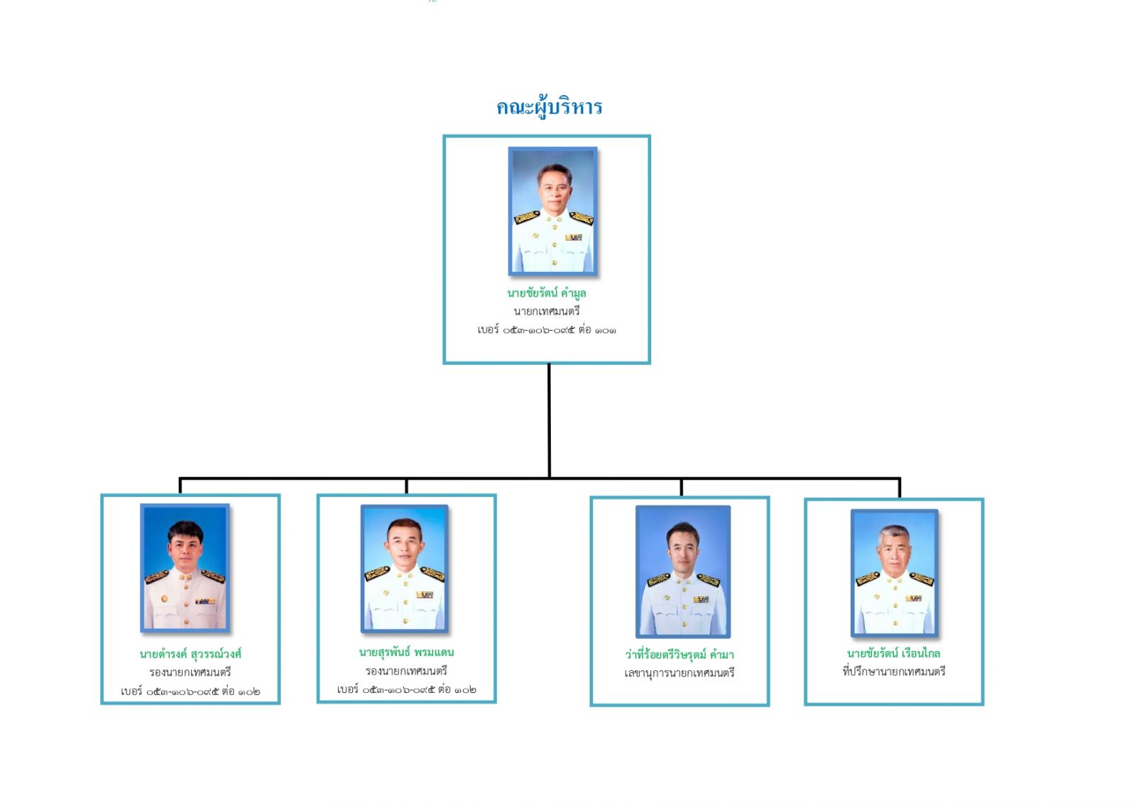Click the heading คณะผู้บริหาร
point(549,107)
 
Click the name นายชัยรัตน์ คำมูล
point(546,293)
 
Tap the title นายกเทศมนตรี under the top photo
point(546,311)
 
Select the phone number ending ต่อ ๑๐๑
point(546,330)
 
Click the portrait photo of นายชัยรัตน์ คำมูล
point(552,211)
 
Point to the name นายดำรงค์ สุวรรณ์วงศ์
point(190,653)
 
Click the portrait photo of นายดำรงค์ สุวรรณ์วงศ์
point(185,568)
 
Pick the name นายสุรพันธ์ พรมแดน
point(406,652)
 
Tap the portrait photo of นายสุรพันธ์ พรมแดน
point(405,568)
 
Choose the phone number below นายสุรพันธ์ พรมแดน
point(406,689)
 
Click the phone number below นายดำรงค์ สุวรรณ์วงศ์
point(190,691)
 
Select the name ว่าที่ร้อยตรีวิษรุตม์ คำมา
point(679,654)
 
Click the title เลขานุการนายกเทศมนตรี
point(679,672)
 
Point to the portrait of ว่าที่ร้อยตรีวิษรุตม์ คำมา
point(682,572)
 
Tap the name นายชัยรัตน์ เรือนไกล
point(893,652)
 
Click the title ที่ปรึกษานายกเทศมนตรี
point(893,671)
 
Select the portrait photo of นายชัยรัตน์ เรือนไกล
point(895,572)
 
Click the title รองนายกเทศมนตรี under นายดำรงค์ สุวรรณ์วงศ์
point(190,672)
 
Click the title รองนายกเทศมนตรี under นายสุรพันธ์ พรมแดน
point(406,670)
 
